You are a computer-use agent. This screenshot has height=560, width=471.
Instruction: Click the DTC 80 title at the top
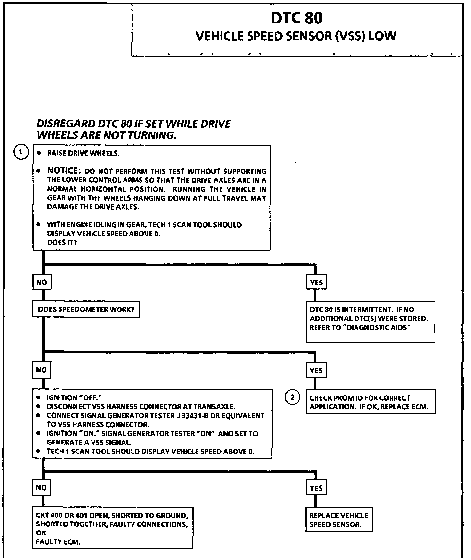coord(297,18)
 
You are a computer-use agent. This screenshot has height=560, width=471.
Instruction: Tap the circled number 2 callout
coord(292,397)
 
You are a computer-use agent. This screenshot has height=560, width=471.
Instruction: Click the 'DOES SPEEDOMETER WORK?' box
coord(86,309)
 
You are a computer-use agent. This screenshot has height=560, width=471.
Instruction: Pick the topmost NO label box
coord(42,282)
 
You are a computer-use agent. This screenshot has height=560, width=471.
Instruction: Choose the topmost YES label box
coord(316,283)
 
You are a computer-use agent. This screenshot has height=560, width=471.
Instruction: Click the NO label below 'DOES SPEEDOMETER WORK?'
coord(42,370)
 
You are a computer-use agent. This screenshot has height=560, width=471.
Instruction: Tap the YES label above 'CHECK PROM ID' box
coord(316,370)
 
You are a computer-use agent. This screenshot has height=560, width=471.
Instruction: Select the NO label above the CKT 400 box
coord(42,488)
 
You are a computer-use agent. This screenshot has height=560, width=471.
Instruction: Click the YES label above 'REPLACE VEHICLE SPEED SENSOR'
coord(316,488)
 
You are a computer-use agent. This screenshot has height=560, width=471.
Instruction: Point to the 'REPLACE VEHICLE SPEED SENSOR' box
coord(339,520)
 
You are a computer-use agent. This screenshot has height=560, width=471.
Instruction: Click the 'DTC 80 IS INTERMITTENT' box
coord(370,321)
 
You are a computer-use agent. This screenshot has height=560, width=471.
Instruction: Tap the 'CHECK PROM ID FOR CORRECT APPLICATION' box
coord(371,402)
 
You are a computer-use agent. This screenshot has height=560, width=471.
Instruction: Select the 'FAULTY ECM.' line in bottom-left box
coord(58,542)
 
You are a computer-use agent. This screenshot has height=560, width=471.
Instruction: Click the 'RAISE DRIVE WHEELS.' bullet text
coord(83,153)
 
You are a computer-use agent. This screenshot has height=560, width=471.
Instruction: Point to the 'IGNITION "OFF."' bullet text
coord(74,398)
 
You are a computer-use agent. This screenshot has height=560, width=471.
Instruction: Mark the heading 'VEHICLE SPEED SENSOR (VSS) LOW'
coord(296,36)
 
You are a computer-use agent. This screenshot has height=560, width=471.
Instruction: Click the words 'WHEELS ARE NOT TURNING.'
coord(107,135)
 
